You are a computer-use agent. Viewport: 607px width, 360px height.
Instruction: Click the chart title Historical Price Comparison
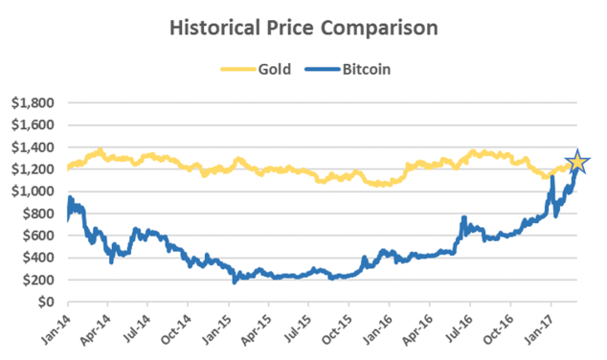pos(303,27)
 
